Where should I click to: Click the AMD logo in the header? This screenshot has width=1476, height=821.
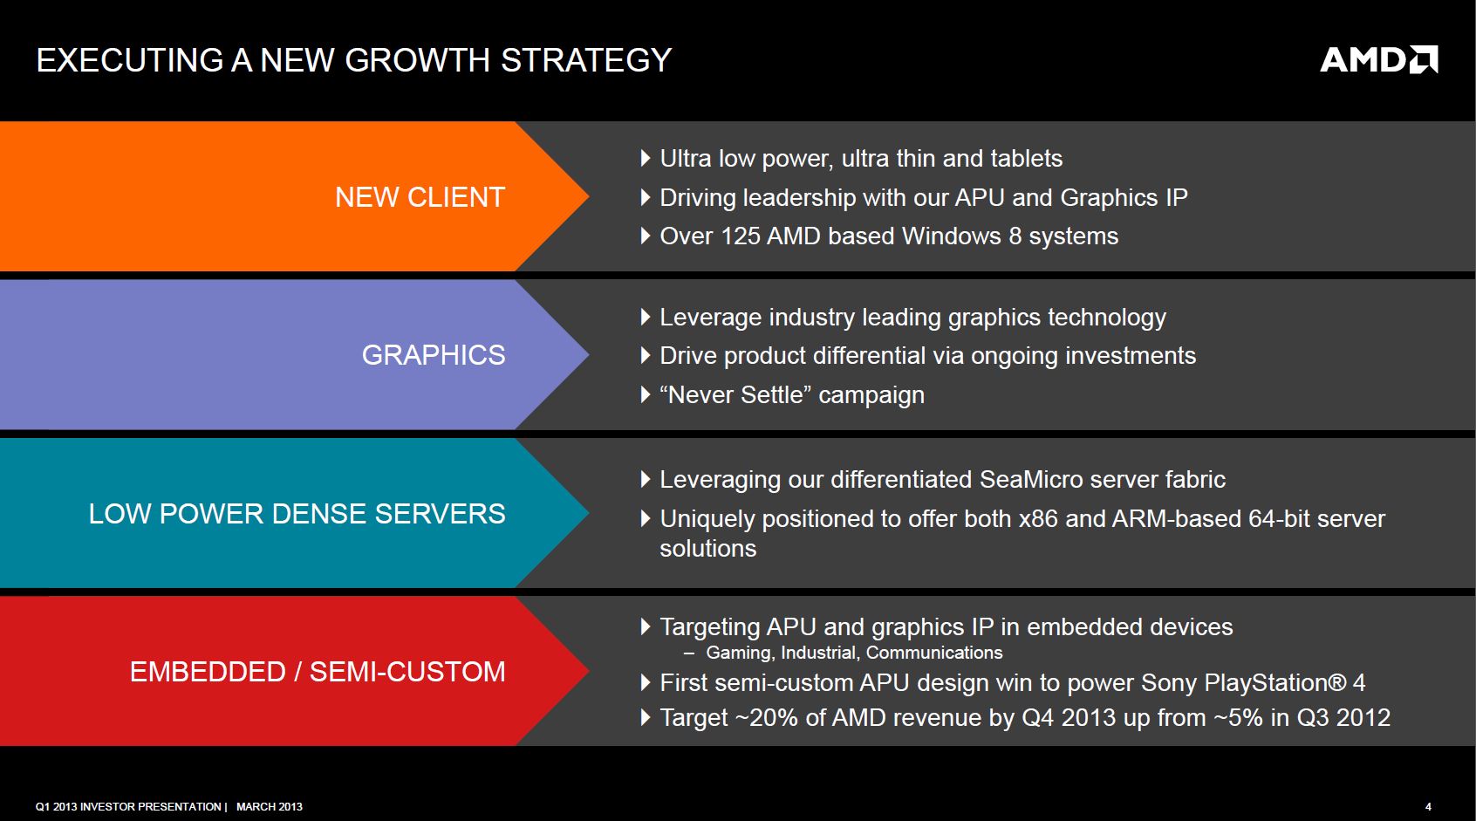[1378, 59]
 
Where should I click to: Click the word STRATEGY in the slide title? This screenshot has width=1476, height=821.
[586, 60]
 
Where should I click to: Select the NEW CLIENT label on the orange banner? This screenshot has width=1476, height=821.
[420, 197]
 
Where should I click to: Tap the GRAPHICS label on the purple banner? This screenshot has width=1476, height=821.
[434, 355]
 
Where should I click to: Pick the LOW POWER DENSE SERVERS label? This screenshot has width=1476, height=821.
[297, 513]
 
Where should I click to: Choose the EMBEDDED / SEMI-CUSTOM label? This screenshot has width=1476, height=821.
[318, 672]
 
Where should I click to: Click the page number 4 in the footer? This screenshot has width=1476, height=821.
[1428, 806]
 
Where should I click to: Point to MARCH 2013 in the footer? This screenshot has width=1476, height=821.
[269, 806]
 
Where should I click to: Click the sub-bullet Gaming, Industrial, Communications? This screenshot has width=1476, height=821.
[854, 653]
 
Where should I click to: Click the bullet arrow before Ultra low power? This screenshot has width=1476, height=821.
[646, 158]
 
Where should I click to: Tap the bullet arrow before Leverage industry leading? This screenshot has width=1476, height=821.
[646, 317]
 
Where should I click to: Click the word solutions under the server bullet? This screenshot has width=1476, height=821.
[708, 548]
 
